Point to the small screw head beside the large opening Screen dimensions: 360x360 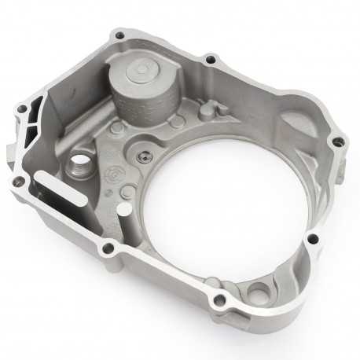(x=142, y=156)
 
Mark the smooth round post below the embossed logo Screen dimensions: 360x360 (x=123, y=208)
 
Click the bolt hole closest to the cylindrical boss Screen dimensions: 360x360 (x=119, y=35)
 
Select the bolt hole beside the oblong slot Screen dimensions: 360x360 (x=17, y=182)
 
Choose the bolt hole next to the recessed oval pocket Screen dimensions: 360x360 (x=338, y=142)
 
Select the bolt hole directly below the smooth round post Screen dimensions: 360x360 (x=108, y=249)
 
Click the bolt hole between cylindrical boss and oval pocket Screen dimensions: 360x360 (x=210, y=59)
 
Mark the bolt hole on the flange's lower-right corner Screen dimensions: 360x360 (x=312, y=239)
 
